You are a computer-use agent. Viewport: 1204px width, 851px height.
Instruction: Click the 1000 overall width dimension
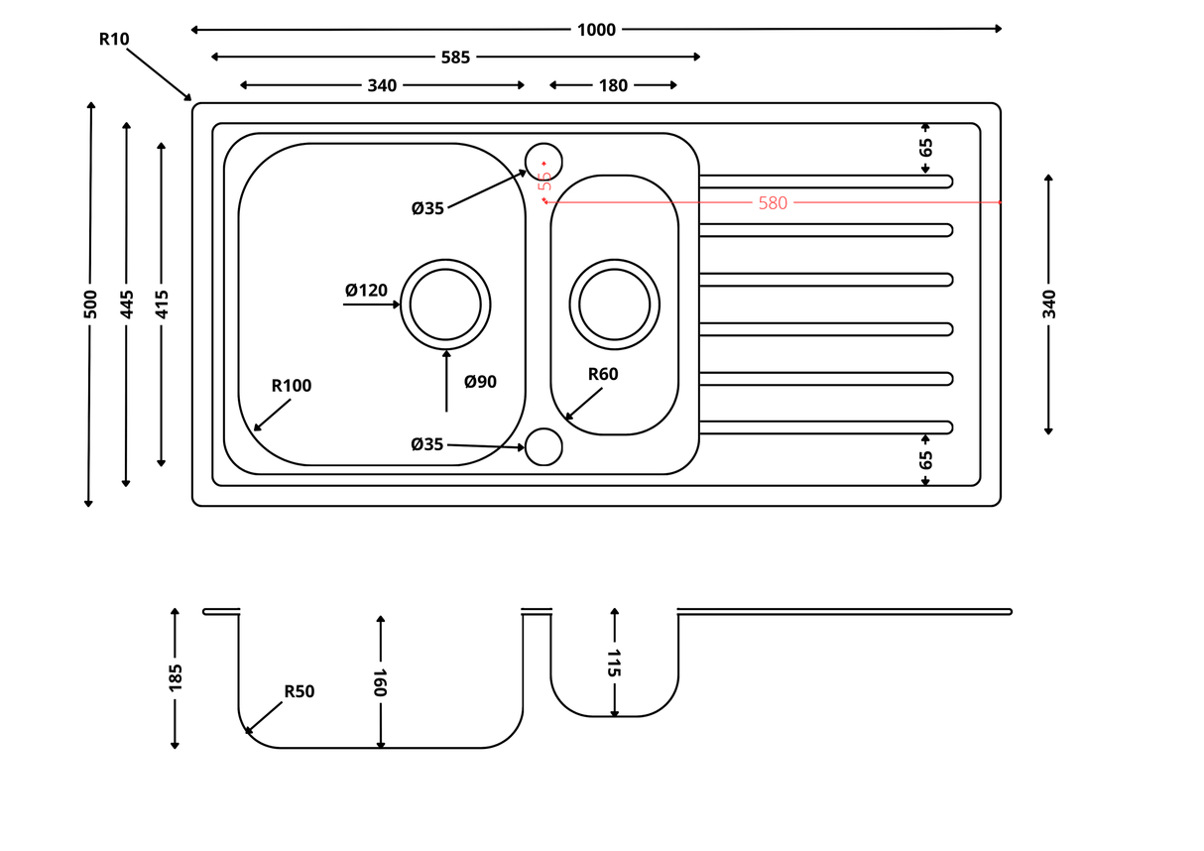(x=596, y=30)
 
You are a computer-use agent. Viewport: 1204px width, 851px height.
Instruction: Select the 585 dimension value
(x=455, y=58)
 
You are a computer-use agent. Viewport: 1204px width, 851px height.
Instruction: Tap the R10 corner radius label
(x=114, y=40)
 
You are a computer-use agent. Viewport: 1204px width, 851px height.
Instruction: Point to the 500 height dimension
(x=90, y=304)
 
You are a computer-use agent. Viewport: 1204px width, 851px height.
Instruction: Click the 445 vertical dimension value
(x=126, y=304)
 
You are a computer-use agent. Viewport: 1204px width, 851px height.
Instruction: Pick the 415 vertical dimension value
(x=162, y=304)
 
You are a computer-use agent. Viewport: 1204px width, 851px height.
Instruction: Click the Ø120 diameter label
(x=366, y=291)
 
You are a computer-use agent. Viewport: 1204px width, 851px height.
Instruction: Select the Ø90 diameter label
(x=480, y=382)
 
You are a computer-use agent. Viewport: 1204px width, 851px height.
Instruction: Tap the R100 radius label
(x=292, y=386)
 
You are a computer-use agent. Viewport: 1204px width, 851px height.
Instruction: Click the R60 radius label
(x=603, y=374)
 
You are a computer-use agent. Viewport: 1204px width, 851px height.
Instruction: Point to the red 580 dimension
(x=773, y=203)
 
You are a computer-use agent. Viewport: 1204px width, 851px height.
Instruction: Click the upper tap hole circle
(x=543, y=162)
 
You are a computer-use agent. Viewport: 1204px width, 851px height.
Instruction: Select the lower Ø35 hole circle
(x=543, y=446)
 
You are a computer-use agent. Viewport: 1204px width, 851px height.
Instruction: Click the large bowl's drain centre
(x=445, y=304)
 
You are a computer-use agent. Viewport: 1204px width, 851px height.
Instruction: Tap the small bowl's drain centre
(x=615, y=304)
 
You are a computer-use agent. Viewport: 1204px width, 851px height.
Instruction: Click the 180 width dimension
(x=613, y=85)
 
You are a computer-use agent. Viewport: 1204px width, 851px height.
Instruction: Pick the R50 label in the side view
(x=300, y=691)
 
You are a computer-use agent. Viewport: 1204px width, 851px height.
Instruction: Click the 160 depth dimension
(x=380, y=682)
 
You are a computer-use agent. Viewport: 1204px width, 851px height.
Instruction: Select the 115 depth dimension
(x=614, y=663)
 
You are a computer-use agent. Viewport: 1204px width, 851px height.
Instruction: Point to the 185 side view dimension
(x=176, y=677)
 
